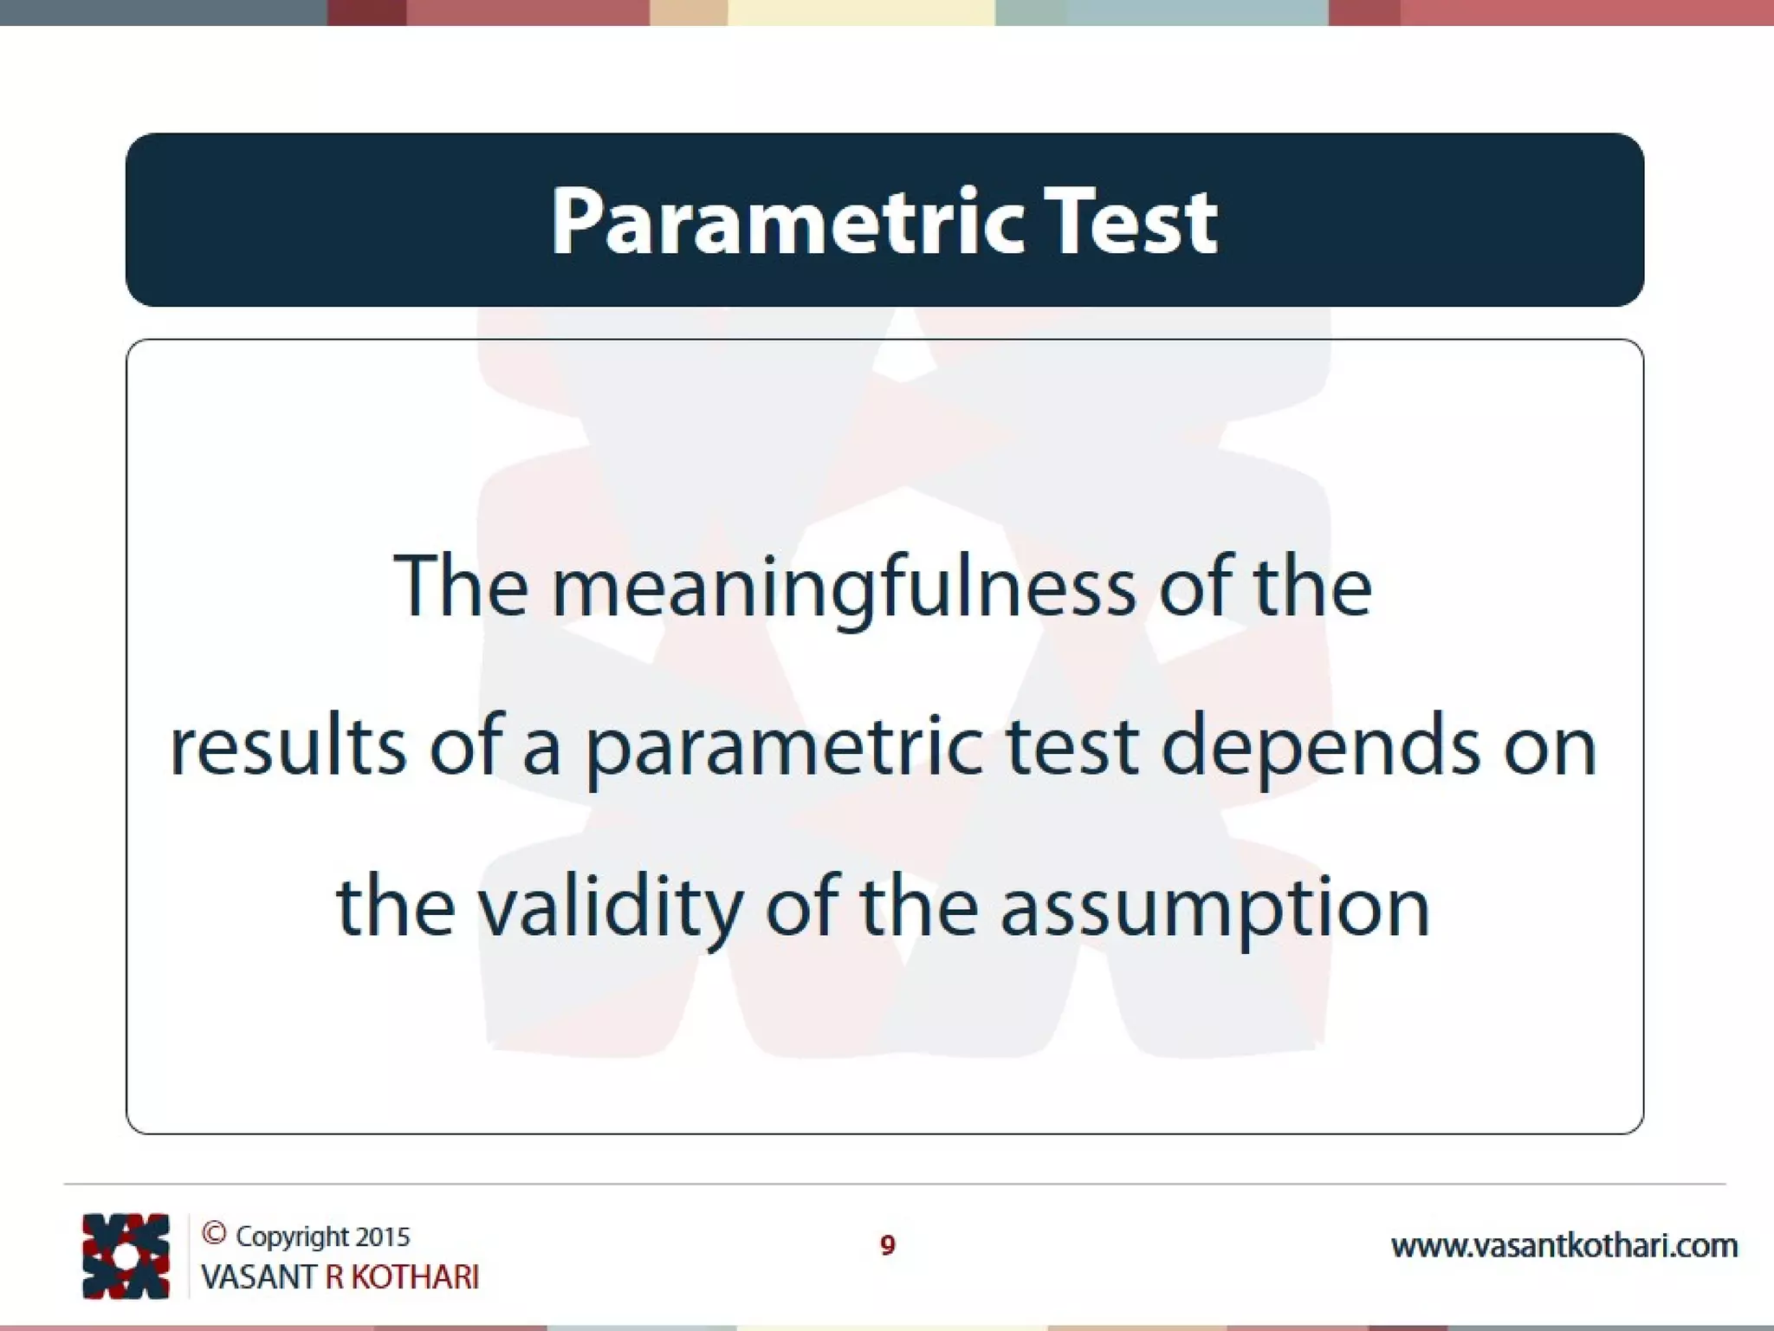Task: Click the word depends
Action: click(1320, 748)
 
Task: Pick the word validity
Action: click(610, 909)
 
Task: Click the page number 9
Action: click(887, 1245)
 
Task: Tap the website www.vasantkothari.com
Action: click(1564, 1246)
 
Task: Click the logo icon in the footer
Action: click(126, 1256)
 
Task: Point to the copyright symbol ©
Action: click(214, 1233)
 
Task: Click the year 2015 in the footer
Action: click(382, 1237)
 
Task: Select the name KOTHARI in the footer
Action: click(415, 1277)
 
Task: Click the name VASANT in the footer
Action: click(259, 1277)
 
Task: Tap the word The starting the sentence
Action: click(460, 588)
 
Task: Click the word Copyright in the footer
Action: click(292, 1237)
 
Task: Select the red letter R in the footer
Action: click(334, 1277)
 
